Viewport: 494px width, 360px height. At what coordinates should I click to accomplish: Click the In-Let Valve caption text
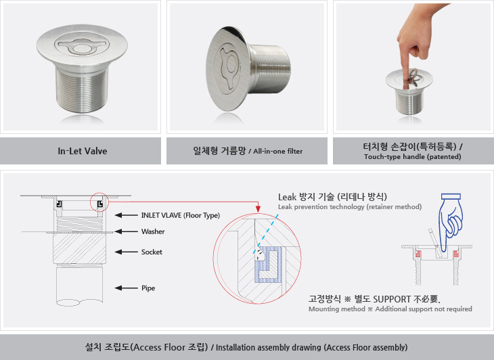[x=83, y=151]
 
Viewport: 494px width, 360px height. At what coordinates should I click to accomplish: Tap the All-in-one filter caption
[x=278, y=152]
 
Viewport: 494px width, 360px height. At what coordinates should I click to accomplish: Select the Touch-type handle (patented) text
[x=412, y=157]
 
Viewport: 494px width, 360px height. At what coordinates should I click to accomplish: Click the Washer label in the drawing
[x=153, y=231]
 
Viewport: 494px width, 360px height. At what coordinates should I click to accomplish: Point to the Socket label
[x=152, y=252]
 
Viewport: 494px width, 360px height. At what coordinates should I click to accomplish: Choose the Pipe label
[x=148, y=288]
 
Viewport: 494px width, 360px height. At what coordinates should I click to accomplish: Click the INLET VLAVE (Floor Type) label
[x=181, y=215]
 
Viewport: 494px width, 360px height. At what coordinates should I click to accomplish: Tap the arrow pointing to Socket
[x=126, y=252]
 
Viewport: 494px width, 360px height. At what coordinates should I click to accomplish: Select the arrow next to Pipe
[x=126, y=288]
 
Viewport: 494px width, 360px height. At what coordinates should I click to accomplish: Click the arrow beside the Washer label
[x=126, y=231]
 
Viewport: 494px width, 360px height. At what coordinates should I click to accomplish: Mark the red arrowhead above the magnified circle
[x=258, y=209]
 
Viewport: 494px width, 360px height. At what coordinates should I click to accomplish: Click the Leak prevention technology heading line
[x=350, y=207]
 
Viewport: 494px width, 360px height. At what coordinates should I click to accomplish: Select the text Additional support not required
[x=424, y=309]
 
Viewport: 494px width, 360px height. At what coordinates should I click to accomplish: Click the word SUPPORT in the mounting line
[x=392, y=299]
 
